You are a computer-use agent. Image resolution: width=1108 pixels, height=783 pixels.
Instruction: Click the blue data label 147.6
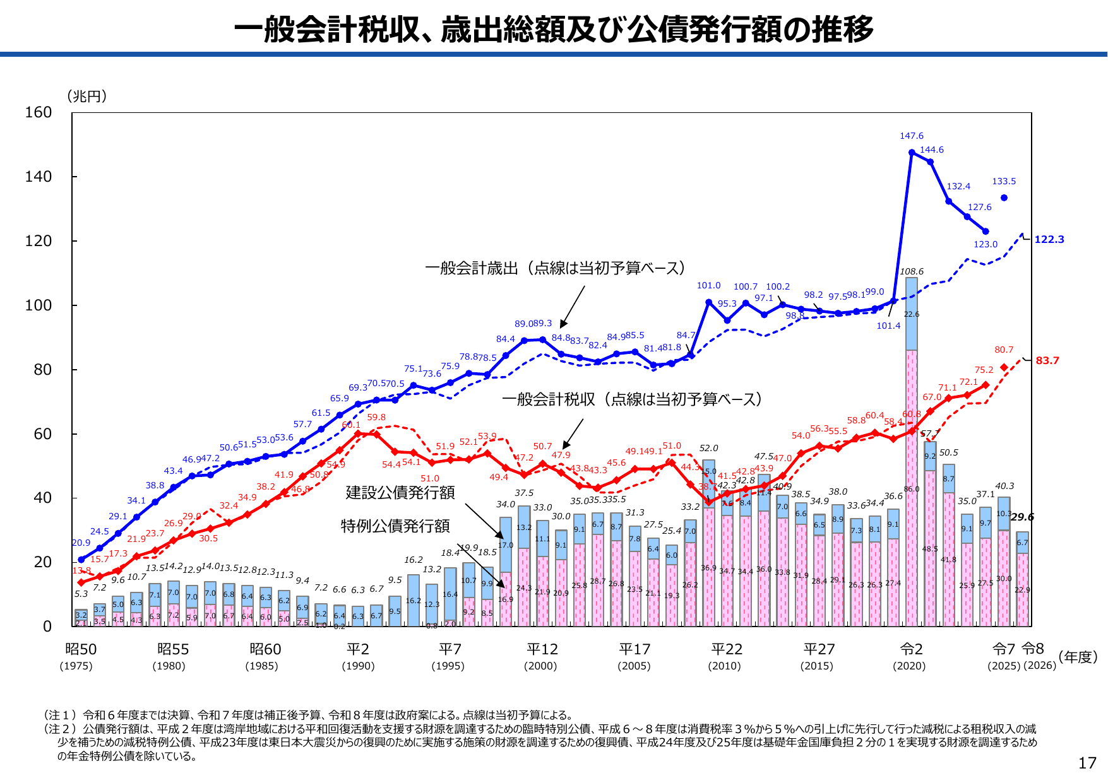click(911, 136)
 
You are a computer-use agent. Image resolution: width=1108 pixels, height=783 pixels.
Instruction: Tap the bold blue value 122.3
click(1049, 239)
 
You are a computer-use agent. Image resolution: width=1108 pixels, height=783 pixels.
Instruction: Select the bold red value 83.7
click(1047, 360)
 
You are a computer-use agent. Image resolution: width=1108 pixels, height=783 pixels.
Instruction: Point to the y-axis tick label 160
click(38, 112)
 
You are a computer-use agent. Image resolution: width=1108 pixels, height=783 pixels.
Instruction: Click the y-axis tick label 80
click(42, 370)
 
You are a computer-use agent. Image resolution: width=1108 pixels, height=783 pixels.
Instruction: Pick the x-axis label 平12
click(542, 649)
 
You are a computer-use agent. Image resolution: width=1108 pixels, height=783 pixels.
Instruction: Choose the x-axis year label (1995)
click(448, 666)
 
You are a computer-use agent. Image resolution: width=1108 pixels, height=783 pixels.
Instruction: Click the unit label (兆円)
click(86, 96)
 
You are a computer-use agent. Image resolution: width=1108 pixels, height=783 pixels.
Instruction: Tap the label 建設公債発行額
click(400, 492)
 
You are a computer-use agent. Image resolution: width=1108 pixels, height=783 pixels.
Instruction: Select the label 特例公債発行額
click(395, 526)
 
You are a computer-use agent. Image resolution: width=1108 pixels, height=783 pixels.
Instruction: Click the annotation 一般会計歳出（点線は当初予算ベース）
click(555, 268)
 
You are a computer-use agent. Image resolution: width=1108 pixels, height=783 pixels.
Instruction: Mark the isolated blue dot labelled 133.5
click(1004, 198)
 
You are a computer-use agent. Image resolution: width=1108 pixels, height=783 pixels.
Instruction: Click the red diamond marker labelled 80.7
click(1004, 368)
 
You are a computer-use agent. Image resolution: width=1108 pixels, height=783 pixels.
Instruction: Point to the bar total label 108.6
click(911, 271)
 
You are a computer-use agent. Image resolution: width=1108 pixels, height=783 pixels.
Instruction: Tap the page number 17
click(1087, 763)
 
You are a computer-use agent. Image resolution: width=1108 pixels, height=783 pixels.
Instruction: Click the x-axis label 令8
click(1033, 648)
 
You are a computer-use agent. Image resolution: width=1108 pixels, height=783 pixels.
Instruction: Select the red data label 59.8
click(376, 417)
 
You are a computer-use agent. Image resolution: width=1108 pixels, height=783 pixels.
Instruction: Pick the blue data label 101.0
click(708, 285)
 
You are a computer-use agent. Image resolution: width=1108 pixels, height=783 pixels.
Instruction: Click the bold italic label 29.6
click(1022, 517)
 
